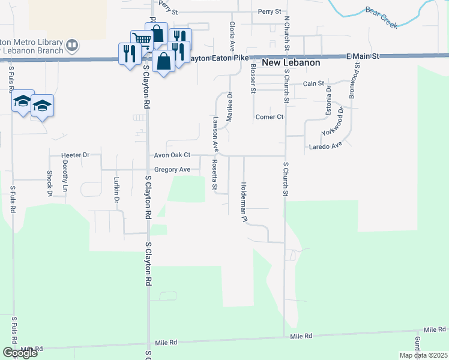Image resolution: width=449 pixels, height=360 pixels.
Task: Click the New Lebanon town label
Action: point(291,63)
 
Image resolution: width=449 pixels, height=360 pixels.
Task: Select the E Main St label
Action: point(364,56)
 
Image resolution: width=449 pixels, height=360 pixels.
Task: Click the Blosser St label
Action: point(253,77)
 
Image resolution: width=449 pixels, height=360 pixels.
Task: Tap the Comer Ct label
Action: point(269,117)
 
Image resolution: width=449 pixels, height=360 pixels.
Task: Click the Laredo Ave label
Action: point(325,145)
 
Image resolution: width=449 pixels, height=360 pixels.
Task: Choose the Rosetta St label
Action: point(214,175)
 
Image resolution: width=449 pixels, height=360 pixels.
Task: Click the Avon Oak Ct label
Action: point(172,155)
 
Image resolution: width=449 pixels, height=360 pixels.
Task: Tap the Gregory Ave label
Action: point(172,170)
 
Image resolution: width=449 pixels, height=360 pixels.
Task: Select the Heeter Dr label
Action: point(75,155)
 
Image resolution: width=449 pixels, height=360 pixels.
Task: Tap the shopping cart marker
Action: point(141,40)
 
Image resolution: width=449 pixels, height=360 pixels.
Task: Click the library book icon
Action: point(72,45)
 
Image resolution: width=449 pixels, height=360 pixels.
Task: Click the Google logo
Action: point(20,353)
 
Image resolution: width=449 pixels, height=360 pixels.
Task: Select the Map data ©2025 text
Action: point(423,355)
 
